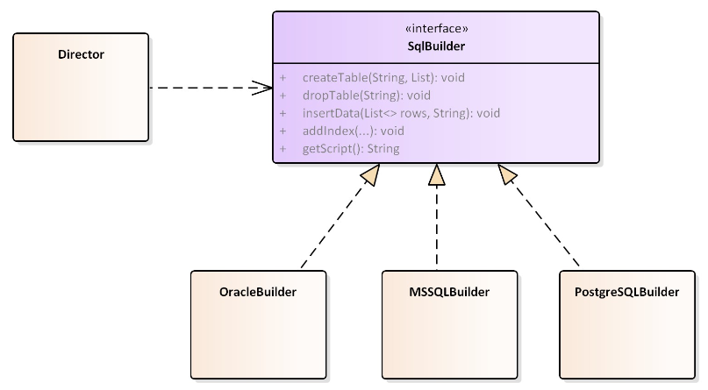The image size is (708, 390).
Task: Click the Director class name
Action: pyautogui.click(x=81, y=54)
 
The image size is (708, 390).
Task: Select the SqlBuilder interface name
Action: pyautogui.click(x=436, y=46)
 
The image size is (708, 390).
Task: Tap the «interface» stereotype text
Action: pyautogui.click(x=437, y=28)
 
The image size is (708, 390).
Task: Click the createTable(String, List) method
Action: pyautogui.click(x=383, y=77)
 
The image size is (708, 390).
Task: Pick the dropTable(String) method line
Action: pyautogui.click(x=366, y=96)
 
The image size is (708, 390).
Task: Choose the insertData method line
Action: pyautogui.click(x=401, y=113)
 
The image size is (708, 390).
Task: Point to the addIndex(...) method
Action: pyautogui.click(x=353, y=131)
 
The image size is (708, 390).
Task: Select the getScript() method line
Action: pyautogui.click(x=351, y=148)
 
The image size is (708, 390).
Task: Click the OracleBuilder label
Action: pyautogui.click(x=258, y=292)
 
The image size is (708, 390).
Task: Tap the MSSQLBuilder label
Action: pyautogui.click(x=449, y=292)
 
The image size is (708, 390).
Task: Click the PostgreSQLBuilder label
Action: pyautogui.click(x=626, y=292)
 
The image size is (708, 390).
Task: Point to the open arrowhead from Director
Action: pyautogui.click(x=262, y=88)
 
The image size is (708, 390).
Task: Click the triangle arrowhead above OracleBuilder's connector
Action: pyautogui.click(x=371, y=174)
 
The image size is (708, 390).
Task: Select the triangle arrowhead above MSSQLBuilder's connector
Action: pyautogui.click(x=437, y=174)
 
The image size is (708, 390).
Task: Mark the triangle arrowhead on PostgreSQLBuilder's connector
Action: pyautogui.click(x=506, y=174)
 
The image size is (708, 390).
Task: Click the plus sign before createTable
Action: pyautogui.click(x=282, y=77)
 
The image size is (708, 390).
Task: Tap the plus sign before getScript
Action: pyautogui.click(x=282, y=148)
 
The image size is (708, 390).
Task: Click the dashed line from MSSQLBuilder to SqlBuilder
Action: pyautogui.click(x=437, y=228)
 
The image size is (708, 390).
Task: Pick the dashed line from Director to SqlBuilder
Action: pyautogui.click(x=211, y=88)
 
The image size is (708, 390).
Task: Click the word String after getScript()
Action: pyautogui.click(x=383, y=148)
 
